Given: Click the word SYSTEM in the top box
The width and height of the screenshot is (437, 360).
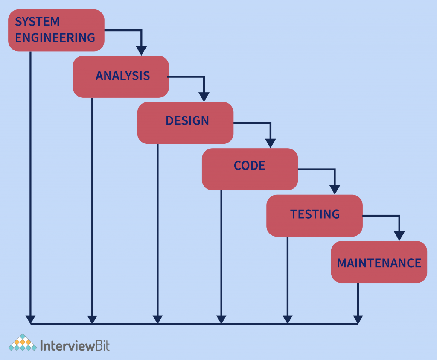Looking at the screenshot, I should point(37,21).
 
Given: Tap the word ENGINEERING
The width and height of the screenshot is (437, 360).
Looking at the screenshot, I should point(55,38).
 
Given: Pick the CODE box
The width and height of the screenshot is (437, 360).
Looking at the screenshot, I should point(250,166).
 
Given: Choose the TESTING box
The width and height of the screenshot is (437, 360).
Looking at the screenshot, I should point(315,214).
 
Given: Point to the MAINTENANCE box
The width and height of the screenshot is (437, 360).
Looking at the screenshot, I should point(379,263).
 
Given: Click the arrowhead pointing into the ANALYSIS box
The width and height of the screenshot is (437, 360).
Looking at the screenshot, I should point(141,50).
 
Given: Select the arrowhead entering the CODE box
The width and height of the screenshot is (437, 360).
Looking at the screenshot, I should point(270,143).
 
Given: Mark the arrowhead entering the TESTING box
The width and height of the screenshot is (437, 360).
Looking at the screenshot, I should point(335,189).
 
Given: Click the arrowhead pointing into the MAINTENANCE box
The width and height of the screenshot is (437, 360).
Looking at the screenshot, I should point(399,236).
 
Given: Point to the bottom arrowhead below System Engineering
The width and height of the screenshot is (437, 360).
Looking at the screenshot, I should point(30,319).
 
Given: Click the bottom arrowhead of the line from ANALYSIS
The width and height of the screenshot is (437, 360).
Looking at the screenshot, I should point(92,319).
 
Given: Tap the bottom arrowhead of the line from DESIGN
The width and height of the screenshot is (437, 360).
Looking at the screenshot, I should point(157,319).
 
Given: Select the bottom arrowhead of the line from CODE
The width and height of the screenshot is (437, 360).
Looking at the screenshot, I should point(221,319).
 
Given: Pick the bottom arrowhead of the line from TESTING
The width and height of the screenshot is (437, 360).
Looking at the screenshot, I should point(287,319).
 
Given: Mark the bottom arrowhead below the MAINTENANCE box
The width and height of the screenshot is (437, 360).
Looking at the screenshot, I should point(358,319).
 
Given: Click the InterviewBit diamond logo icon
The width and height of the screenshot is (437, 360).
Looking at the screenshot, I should point(22,343).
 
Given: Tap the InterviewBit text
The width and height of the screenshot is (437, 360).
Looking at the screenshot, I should point(75,345).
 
